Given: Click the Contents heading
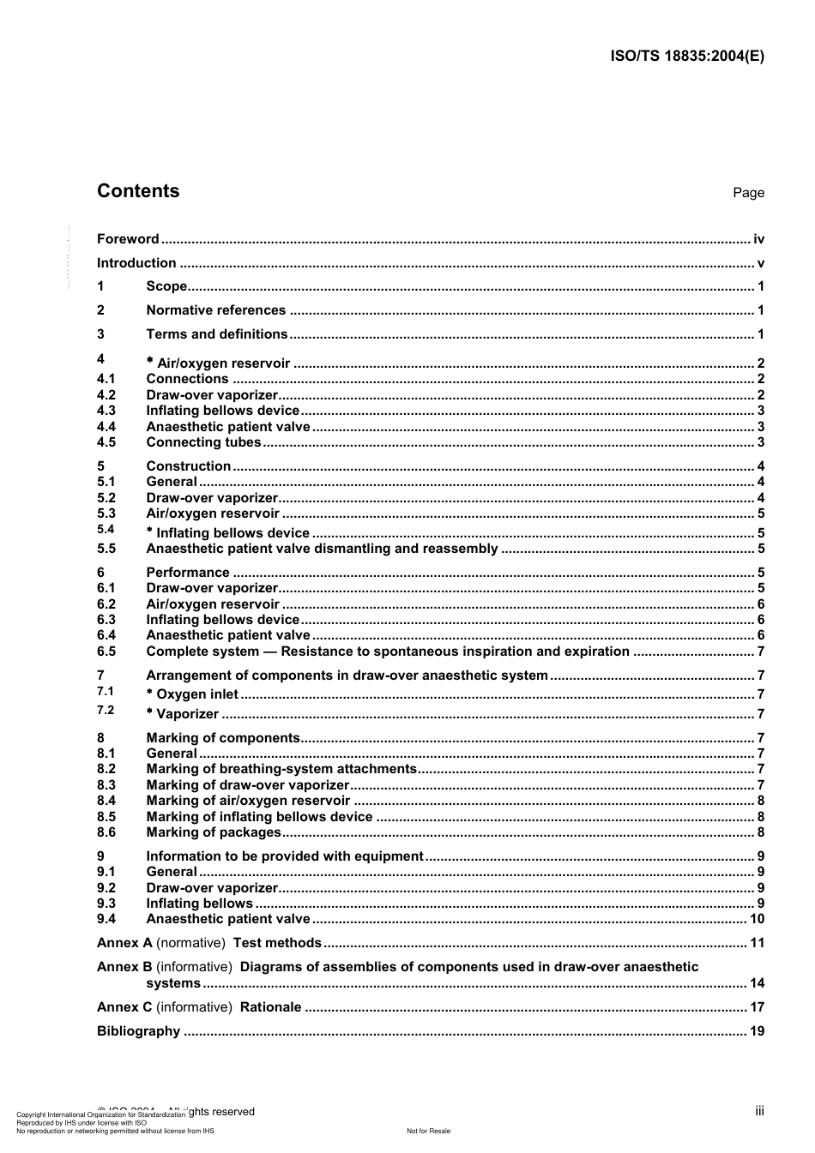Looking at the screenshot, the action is coord(138,191).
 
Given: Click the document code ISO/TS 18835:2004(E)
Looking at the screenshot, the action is coord(686,57).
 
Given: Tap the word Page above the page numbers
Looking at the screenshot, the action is coord(748,193).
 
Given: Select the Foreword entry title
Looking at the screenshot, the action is coord(128,239).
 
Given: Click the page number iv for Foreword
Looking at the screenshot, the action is coord(758,239).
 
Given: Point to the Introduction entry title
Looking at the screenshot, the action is coord(136,263).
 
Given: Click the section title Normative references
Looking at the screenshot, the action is coord(215,310).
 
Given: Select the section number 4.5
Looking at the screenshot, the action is coord(106,442).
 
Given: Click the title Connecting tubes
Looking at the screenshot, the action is coord(203,442).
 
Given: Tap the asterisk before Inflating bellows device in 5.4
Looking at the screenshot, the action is coord(150,531).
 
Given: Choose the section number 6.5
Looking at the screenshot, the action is coord(106,652).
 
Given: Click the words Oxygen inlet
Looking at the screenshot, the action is coord(197,694).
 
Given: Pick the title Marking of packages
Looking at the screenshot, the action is coord(214,832).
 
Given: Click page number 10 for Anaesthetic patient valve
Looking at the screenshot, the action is coord(757,919).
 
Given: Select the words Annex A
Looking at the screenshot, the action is coord(124,943).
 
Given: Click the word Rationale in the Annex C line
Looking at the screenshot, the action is coord(270,1007).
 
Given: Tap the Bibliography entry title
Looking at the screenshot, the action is coord(138,1031).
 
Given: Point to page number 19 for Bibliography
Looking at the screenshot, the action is coord(757,1031).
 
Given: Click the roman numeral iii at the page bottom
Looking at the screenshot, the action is coord(759,1111).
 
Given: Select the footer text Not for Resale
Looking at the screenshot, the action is coord(428,1131).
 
